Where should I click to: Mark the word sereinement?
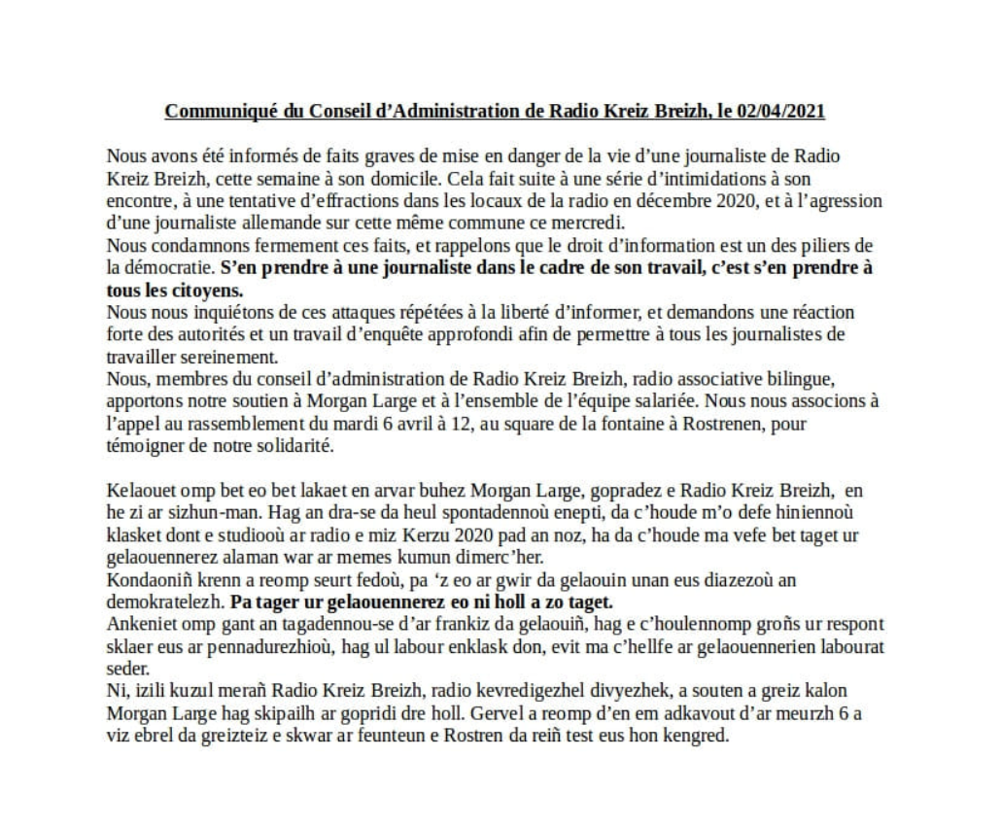coord(214,355)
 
